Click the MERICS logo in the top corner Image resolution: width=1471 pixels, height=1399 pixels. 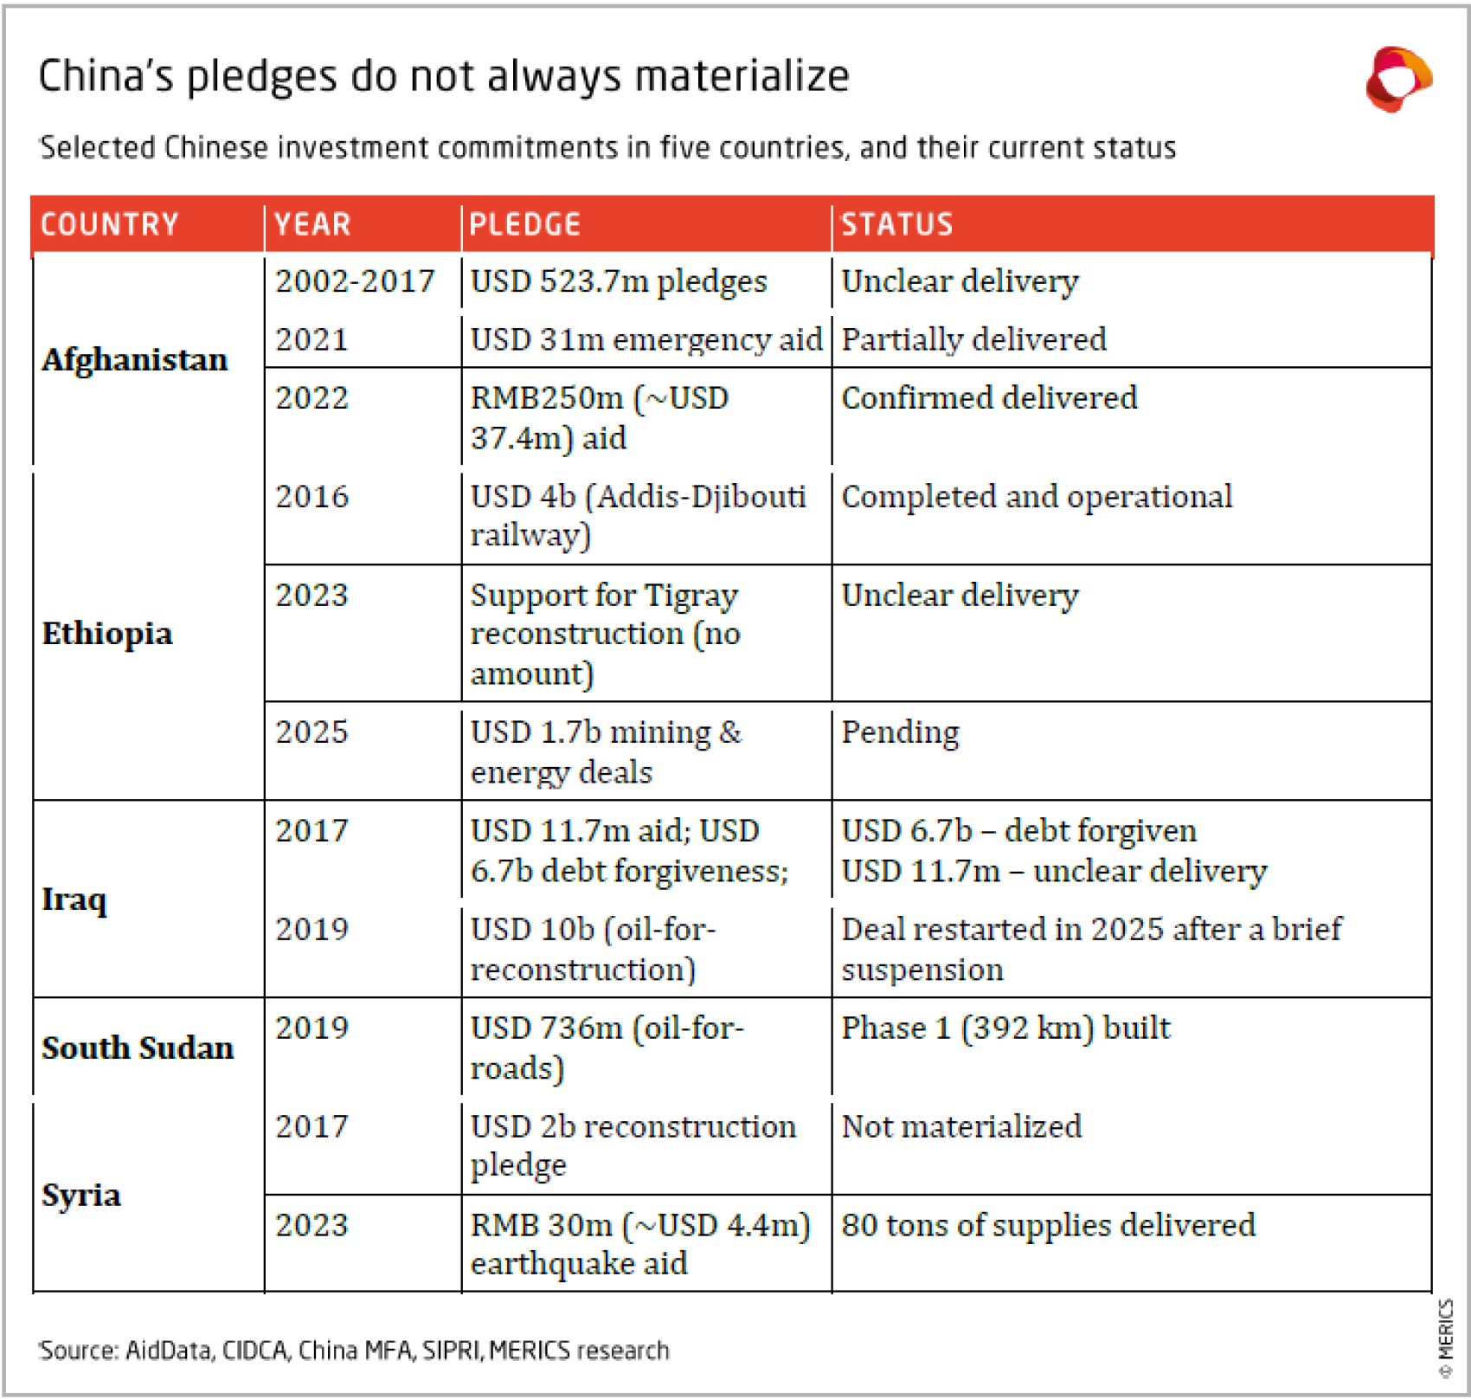point(1397,80)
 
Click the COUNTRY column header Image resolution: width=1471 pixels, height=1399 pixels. point(110,224)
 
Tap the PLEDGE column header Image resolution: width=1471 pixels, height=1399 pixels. point(524,224)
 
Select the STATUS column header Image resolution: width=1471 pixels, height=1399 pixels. point(896,224)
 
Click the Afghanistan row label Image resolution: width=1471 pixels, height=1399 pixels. point(135,359)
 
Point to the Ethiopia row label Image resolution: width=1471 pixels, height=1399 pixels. point(107,634)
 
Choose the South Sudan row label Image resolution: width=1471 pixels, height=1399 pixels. point(138,1048)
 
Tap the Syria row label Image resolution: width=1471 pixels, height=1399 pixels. point(81,1195)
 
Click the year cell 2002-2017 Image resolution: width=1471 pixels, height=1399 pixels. point(355,281)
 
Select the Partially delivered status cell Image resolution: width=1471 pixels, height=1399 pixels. point(973,339)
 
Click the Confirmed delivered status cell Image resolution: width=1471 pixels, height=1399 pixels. point(989,398)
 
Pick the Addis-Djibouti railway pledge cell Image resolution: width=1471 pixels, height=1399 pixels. point(638,515)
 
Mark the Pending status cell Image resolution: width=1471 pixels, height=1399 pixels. point(900,732)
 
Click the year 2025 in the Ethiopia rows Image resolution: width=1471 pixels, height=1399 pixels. point(312,732)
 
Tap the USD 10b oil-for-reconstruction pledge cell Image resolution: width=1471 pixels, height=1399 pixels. point(593,949)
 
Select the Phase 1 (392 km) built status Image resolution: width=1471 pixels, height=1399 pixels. point(1005,1028)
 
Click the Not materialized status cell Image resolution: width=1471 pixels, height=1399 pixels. point(961,1126)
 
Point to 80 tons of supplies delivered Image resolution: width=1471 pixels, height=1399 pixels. point(1048,1225)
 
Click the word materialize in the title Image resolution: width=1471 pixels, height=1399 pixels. point(742,76)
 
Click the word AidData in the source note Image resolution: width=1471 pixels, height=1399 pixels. point(169,1351)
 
